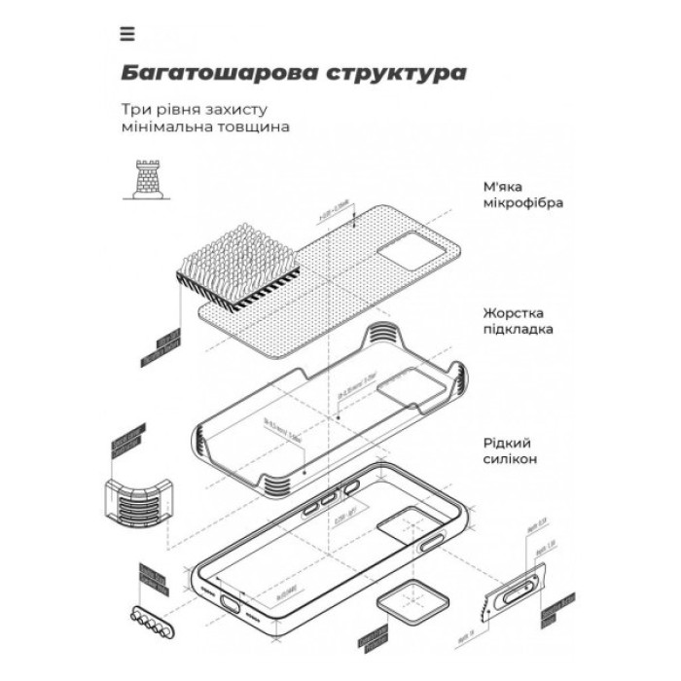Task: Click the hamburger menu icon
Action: tap(127, 34)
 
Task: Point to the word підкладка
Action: tap(519, 330)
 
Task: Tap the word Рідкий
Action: tap(505, 441)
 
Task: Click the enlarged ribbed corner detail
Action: tap(142, 496)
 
